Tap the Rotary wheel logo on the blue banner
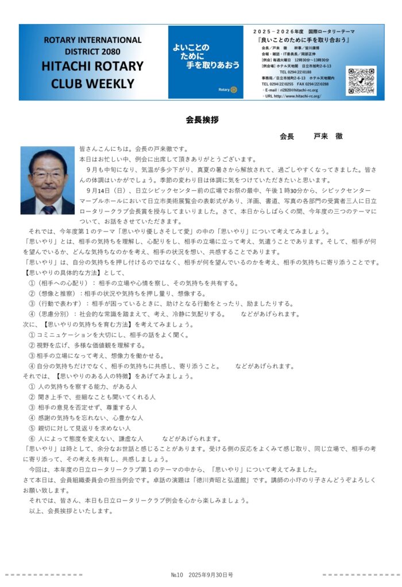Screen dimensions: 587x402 tap(235, 91)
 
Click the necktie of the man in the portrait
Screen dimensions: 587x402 tap(49, 209)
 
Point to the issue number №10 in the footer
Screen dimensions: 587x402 tap(176, 574)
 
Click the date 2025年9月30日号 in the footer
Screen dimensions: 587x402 tap(211, 574)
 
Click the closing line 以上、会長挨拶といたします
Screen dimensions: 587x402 tap(70, 510)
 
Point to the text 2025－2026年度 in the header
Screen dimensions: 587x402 tap(277, 29)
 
